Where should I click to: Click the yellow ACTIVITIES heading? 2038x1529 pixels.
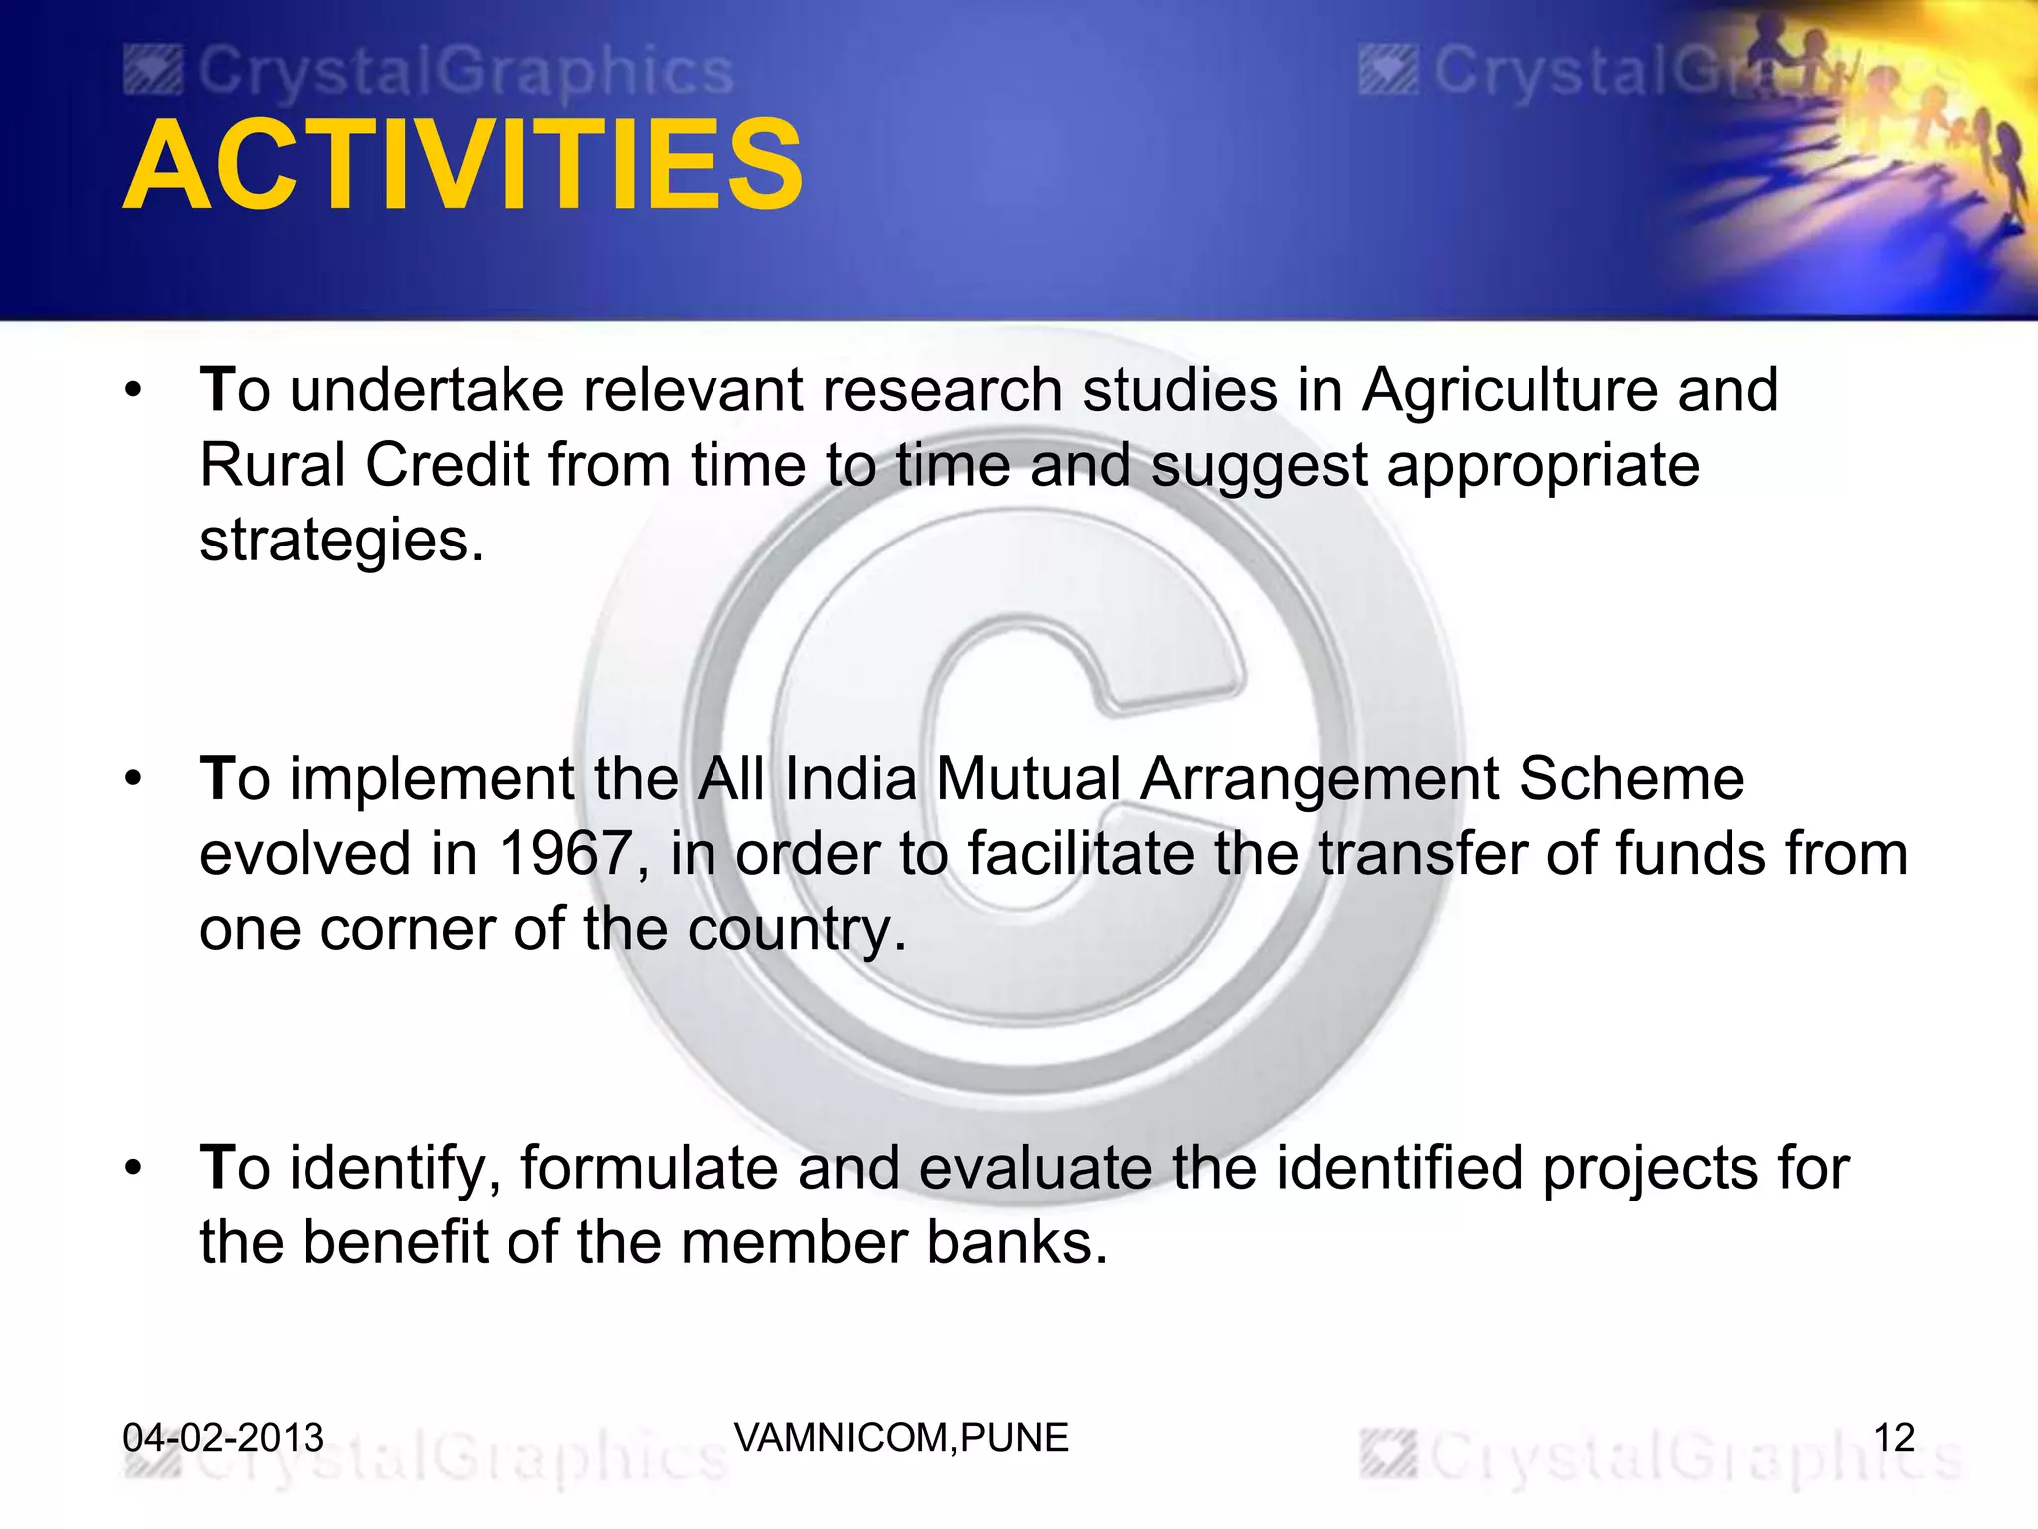point(463,166)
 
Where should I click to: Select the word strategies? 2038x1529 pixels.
point(340,542)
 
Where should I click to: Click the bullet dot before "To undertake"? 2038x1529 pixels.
point(134,391)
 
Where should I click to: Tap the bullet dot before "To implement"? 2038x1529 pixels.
point(134,780)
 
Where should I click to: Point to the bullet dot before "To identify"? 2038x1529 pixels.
point(134,1169)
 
